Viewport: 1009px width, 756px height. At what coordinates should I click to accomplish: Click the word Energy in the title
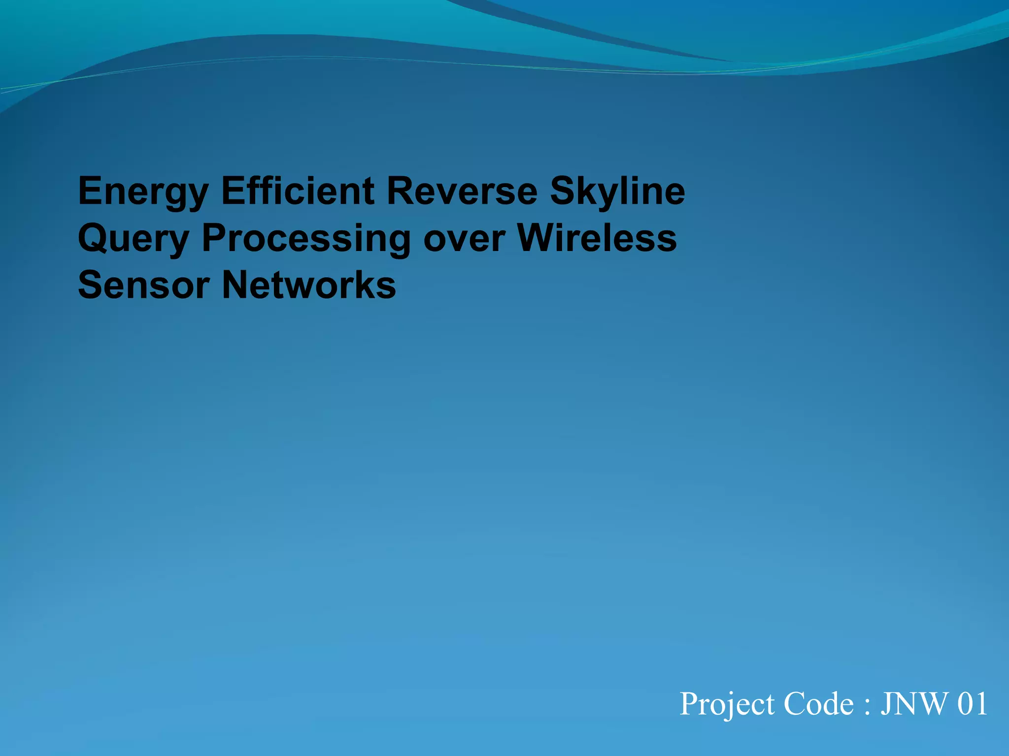143,192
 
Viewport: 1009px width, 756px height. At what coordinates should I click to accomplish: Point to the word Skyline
617,192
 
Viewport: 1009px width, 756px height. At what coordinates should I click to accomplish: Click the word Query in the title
134,239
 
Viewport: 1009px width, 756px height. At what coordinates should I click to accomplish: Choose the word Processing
306,239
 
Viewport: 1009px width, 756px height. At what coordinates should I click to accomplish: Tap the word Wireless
597,238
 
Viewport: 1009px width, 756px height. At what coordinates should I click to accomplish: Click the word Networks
309,285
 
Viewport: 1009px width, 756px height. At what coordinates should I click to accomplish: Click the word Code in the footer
818,704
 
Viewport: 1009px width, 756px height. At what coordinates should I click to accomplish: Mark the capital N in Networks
236,285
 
